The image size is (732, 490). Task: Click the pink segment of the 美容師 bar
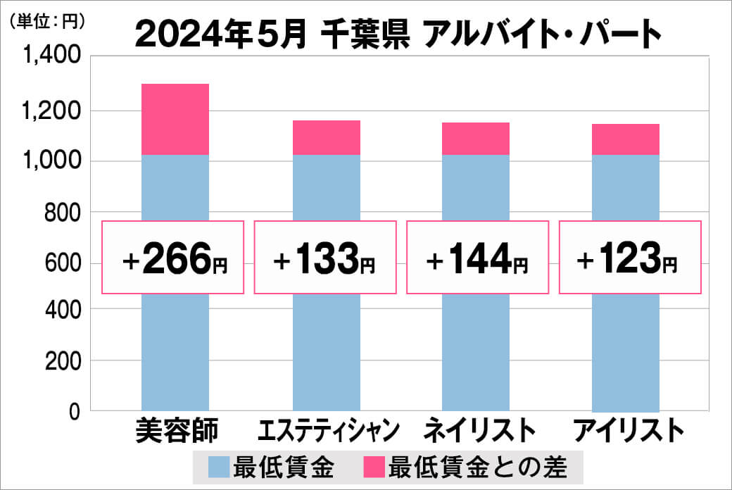[175, 119]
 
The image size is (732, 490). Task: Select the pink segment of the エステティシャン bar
[326, 137]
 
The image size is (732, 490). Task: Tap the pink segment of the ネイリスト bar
[476, 139]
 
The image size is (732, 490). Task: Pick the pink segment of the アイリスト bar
[626, 139]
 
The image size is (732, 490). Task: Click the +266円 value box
[174, 258]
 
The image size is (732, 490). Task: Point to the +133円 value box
[325, 258]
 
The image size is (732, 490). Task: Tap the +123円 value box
[630, 258]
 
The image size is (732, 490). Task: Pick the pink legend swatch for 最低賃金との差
[374, 467]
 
